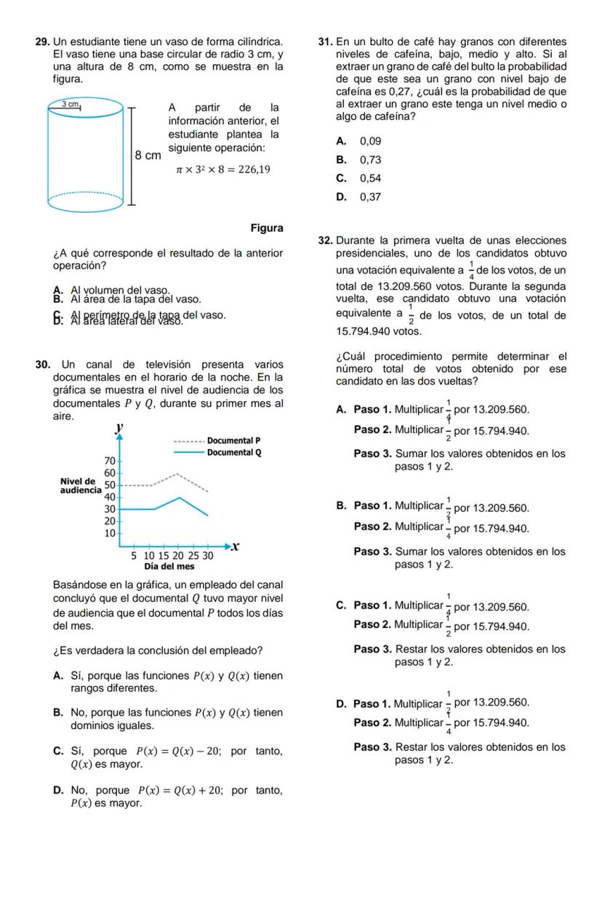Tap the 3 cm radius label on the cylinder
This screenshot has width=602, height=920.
[x=70, y=104]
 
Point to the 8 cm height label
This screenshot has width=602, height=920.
[x=148, y=155]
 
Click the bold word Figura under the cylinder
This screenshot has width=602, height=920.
[x=267, y=228]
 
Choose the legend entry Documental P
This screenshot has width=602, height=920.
[x=233, y=440]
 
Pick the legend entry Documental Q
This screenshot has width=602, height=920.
[x=233, y=453]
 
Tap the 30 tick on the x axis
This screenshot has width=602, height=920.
[x=208, y=556]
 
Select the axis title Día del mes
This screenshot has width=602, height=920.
[x=169, y=566]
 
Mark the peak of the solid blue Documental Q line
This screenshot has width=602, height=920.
[x=180, y=497]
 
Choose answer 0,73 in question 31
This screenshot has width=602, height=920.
[x=370, y=160]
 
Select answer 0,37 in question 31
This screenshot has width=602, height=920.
[x=370, y=197]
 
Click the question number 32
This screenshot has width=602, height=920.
[x=325, y=241]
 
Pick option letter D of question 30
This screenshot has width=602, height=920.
[x=57, y=791]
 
